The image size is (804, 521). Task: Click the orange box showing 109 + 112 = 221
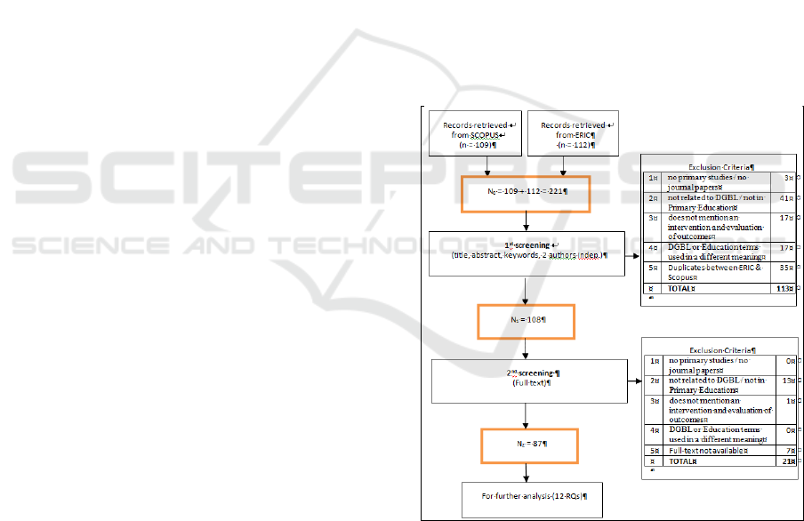pyautogui.click(x=525, y=193)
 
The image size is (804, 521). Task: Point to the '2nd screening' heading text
pyautogui.click(x=529, y=373)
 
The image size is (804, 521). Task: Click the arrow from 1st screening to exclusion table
pyautogui.click(x=633, y=254)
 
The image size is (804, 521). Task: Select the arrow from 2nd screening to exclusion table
pyautogui.click(x=633, y=381)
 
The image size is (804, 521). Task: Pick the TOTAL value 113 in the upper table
pyautogui.click(x=784, y=288)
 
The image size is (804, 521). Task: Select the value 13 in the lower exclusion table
pyautogui.click(x=784, y=380)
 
